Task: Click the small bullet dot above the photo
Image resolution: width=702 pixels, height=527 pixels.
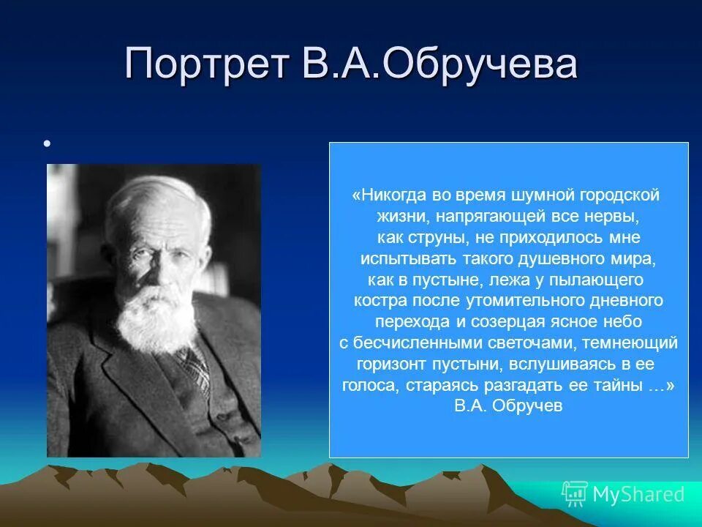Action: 48,144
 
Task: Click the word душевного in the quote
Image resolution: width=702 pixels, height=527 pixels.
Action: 566,259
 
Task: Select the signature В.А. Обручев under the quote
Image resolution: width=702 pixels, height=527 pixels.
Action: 508,406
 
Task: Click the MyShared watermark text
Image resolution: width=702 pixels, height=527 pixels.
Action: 638,495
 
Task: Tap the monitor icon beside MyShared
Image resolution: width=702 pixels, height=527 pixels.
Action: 575,494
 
